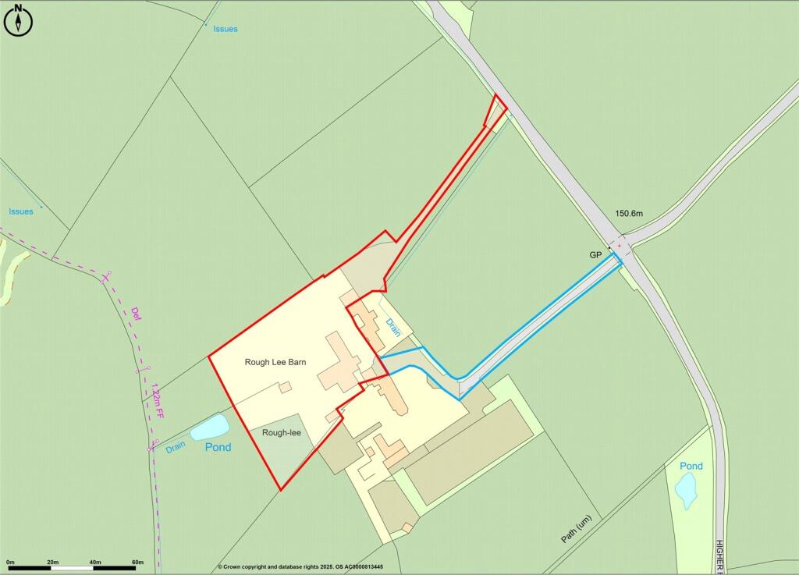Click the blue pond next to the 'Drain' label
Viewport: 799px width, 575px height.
209,427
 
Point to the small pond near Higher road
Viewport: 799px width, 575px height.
686,490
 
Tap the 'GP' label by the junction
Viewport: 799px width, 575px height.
595,255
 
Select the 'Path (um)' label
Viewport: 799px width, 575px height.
578,527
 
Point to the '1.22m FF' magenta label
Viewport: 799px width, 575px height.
158,399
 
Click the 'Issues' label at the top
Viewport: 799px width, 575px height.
225,29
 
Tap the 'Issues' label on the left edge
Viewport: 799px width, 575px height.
21,211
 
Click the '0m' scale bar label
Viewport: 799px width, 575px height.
10,562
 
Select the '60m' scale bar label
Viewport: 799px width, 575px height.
137,562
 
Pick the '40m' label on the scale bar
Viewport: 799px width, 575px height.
95,562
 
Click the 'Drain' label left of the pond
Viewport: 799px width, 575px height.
176,448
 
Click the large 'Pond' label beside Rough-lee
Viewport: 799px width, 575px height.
218,447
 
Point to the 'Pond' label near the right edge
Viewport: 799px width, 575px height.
691,466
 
